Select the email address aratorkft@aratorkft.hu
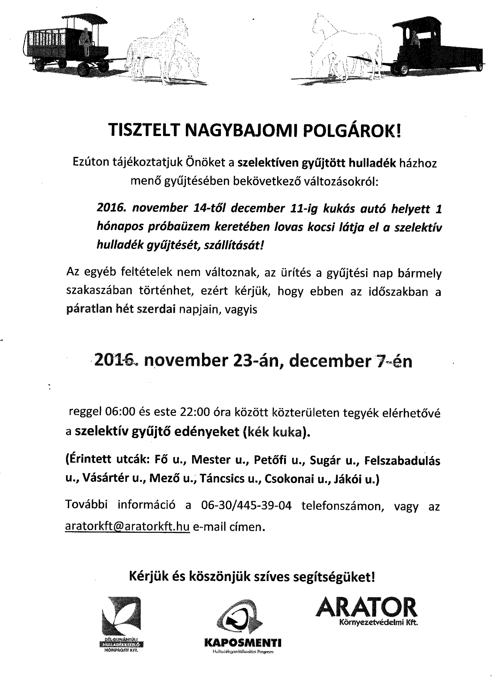tap(127, 526)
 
